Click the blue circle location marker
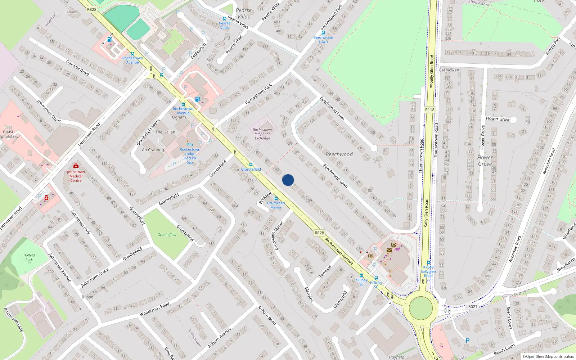click(x=288, y=180)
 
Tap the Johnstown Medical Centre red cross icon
click(x=76, y=166)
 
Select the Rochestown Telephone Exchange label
click(x=262, y=134)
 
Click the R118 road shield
click(x=429, y=110)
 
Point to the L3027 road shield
click(x=472, y=307)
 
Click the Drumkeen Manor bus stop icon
click(x=276, y=198)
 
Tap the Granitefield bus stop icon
click(x=251, y=165)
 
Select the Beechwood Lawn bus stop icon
click(x=323, y=33)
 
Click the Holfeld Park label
click(x=29, y=257)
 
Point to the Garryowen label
click(x=449, y=70)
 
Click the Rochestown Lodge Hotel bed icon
click(x=190, y=144)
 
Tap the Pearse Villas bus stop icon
click(x=225, y=19)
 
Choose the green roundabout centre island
click(x=421, y=308)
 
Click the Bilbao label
click(x=87, y=297)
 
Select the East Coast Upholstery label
click(x=9, y=132)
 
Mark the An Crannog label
click(x=153, y=150)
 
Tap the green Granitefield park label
click(x=167, y=235)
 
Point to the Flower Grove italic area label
click(x=485, y=161)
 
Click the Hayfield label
click(x=396, y=357)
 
